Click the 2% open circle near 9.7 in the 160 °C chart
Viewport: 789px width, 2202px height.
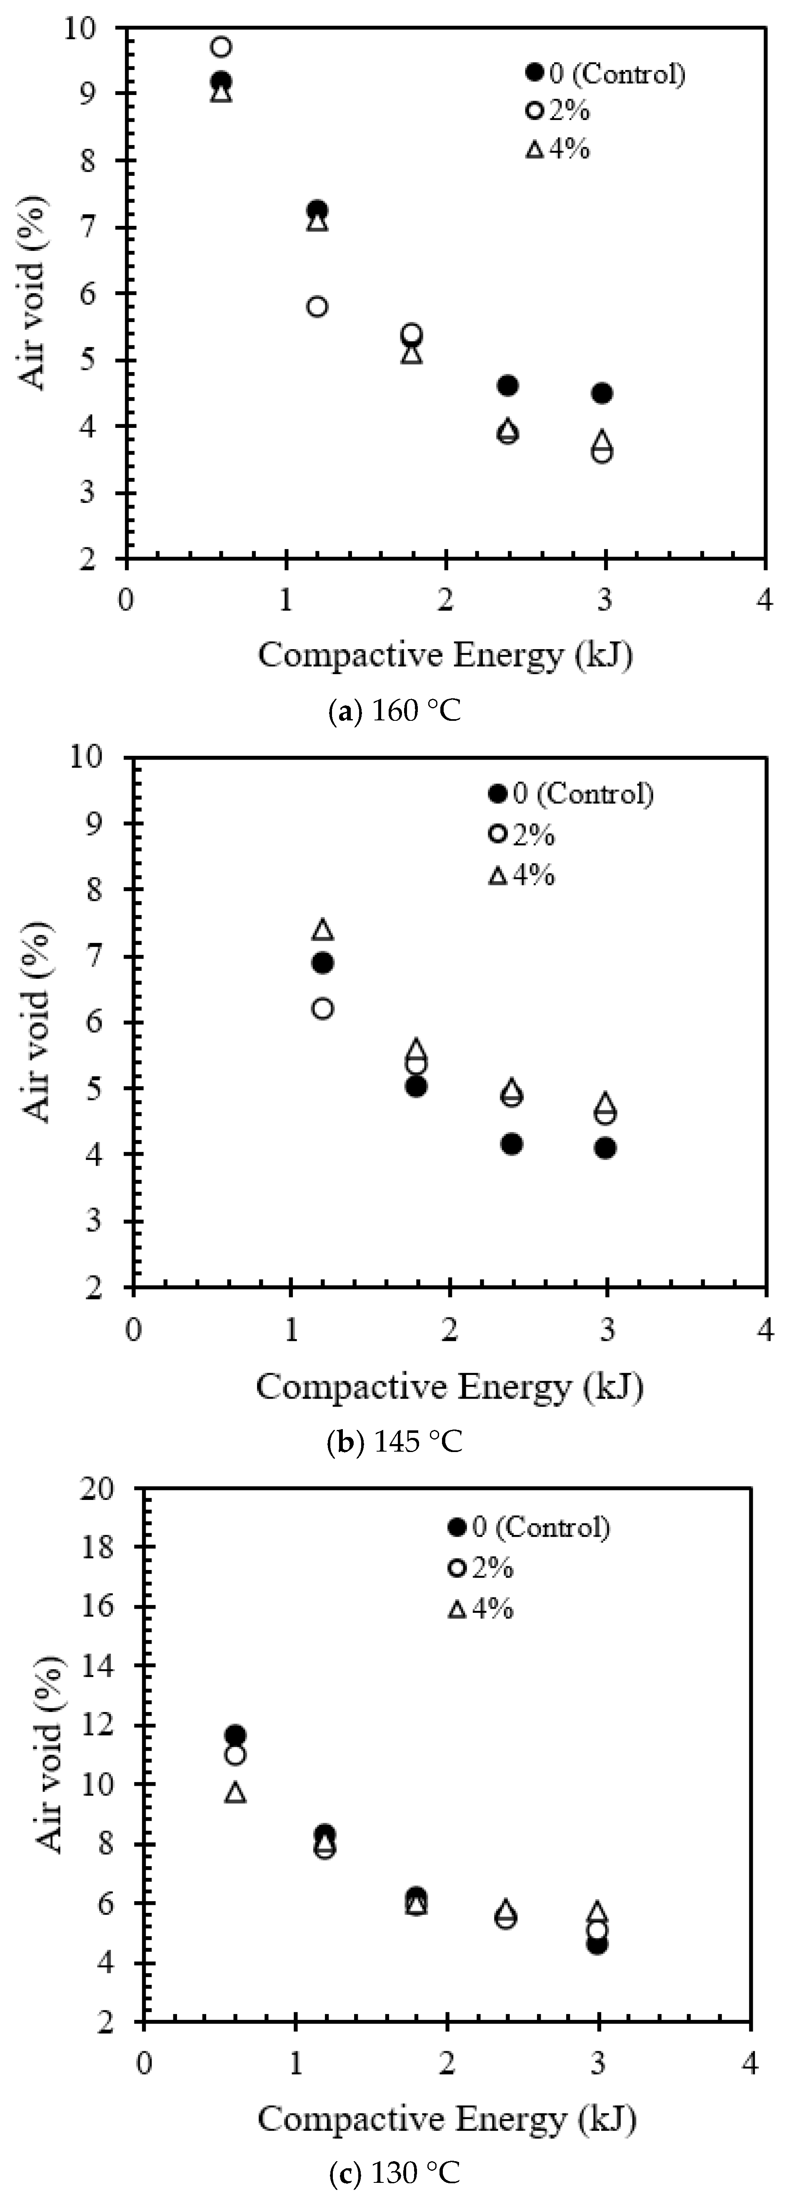221,46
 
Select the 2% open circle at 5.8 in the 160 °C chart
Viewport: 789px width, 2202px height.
317,306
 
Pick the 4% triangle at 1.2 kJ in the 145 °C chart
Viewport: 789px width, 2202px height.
323,929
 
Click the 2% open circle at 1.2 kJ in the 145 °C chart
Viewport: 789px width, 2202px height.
323,1009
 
